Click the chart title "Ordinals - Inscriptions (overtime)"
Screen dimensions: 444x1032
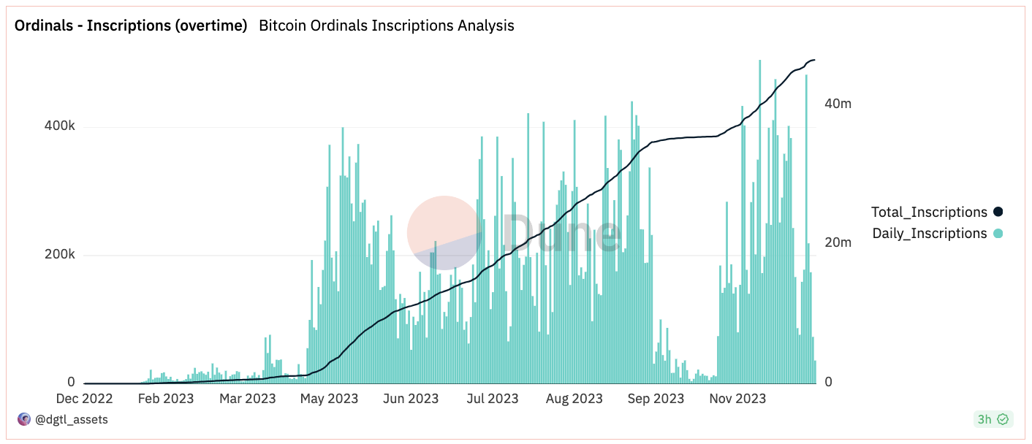coord(131,26)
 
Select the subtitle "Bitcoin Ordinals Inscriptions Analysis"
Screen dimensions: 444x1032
coord(387,26)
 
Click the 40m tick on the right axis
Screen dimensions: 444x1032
coord(838,104)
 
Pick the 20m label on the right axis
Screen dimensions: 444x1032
coord(838,242)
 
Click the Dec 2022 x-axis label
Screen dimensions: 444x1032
coord(85,398)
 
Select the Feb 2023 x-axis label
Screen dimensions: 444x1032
coord(166,398)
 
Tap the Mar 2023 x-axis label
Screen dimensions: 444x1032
coord(247,398)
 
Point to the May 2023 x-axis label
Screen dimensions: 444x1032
coord(329,398)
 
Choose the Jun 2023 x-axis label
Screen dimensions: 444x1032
coord(410,398)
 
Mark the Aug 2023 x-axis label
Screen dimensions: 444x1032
coord(574,398)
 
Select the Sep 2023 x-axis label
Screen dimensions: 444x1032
coord(656,398)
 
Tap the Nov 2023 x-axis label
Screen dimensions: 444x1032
coord(738,398)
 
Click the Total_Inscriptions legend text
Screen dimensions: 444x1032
coord(929,213)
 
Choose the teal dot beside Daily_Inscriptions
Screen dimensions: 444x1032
coord(998,234)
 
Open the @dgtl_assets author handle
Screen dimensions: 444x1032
coord(72,419)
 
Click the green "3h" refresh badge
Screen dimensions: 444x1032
coord(992,419)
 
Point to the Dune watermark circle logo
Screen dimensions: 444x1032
coord(444,233)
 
